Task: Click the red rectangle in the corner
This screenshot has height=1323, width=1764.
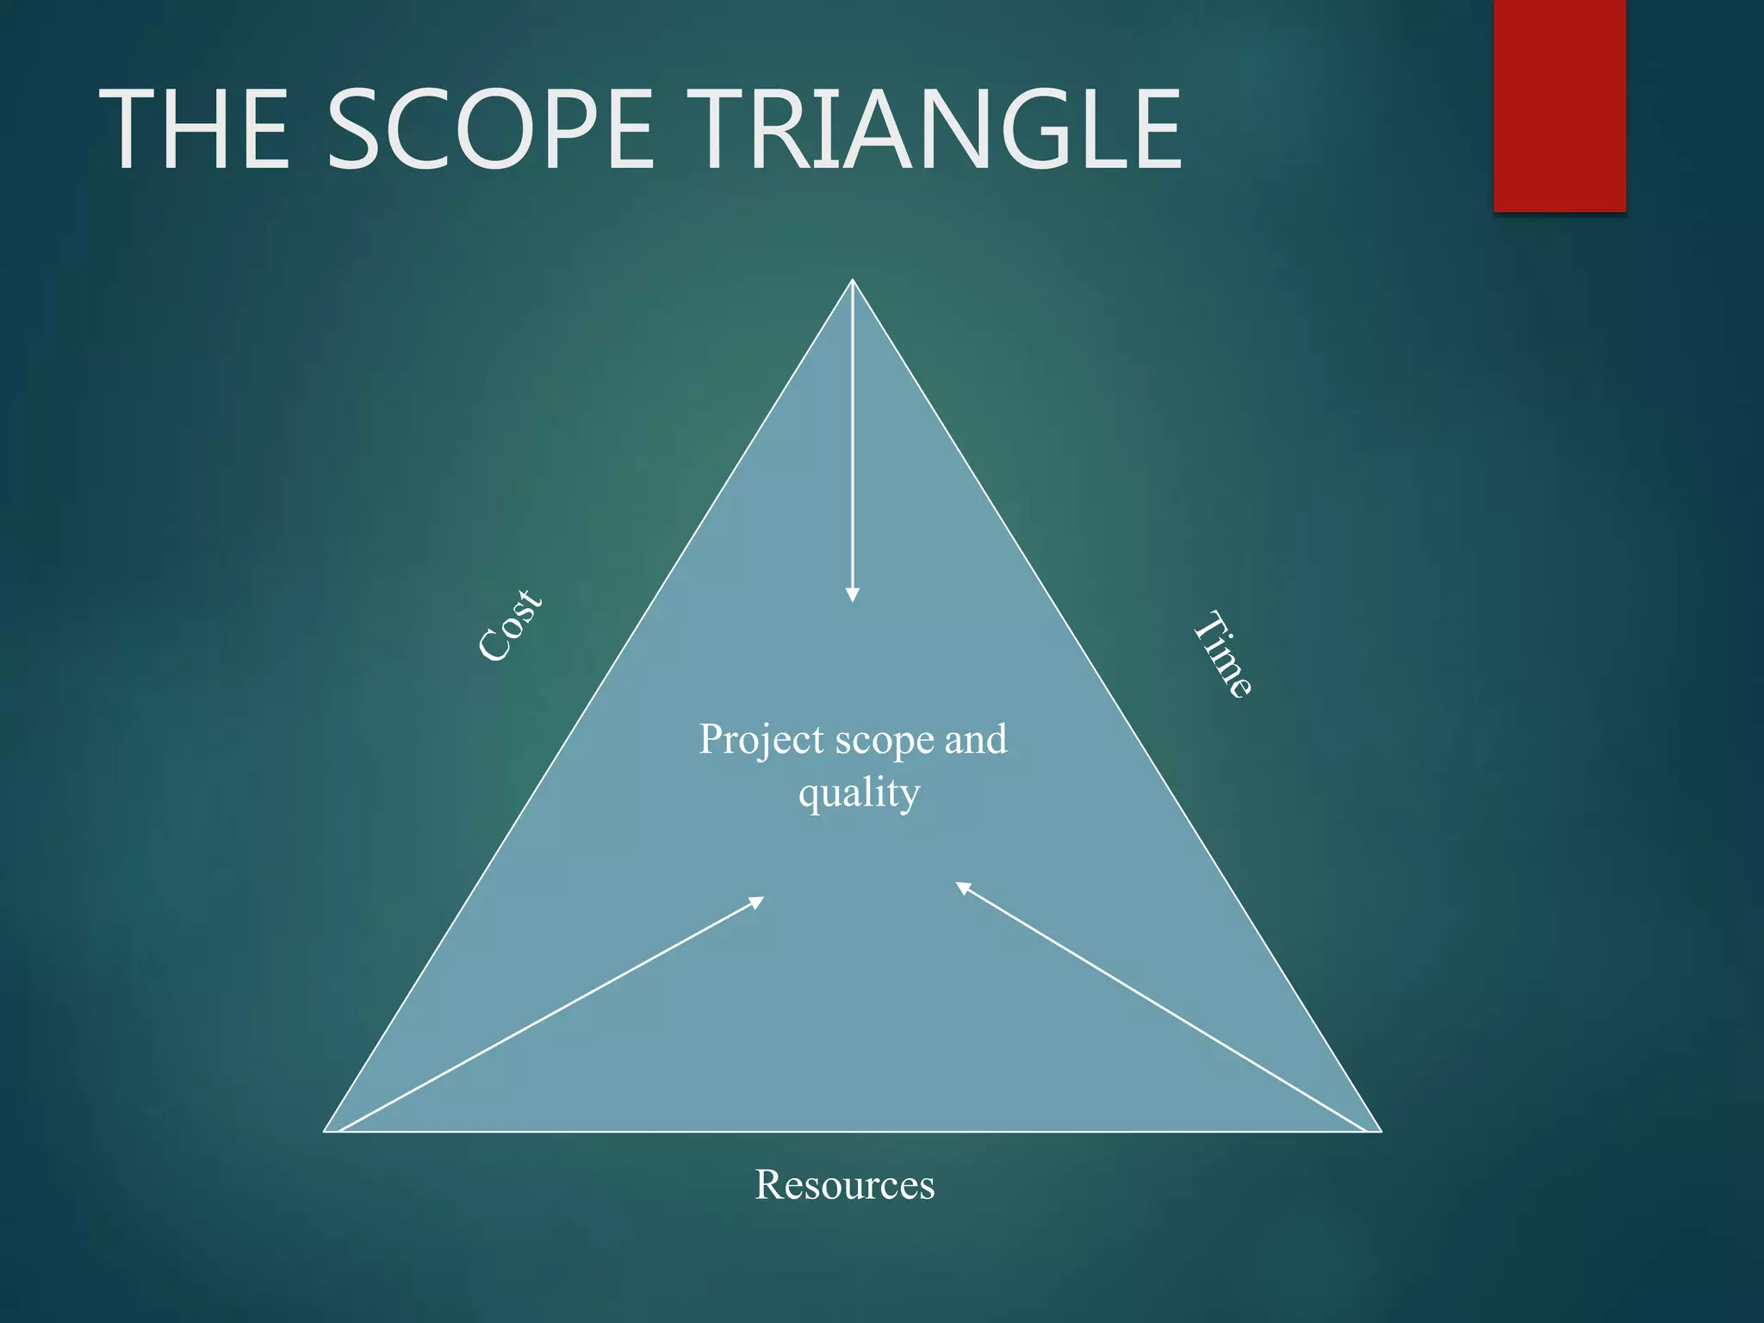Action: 1559,105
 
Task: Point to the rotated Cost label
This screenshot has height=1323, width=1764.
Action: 510,626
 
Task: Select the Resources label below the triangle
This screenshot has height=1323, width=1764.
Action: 844,1184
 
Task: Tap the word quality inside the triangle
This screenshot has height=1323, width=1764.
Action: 859,793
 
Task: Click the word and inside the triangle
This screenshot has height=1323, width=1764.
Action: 976,739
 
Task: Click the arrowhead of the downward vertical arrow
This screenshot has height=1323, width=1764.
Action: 852,594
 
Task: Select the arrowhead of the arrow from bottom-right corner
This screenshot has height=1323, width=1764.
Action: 964,888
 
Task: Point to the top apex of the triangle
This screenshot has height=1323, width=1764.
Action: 852,281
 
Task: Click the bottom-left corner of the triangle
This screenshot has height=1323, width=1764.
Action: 326,1130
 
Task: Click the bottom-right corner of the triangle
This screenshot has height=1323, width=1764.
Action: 1380,1130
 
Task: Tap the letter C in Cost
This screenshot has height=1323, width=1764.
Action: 493,646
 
